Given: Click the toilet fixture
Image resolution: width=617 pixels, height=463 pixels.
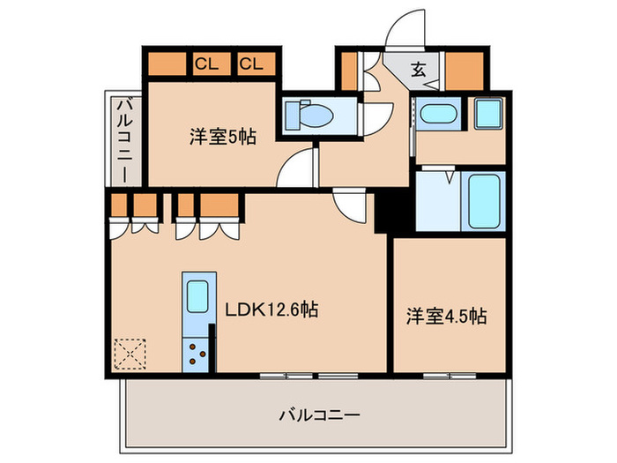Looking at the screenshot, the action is coord(309,115).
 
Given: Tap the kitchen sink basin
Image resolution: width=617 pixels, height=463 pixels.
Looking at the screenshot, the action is coord(197,296).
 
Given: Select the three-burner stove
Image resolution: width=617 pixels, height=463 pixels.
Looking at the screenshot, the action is coord(196,355).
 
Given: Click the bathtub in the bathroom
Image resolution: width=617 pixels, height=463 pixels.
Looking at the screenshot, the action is coord(484,202).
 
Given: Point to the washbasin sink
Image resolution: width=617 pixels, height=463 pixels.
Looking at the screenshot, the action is coord(438,114).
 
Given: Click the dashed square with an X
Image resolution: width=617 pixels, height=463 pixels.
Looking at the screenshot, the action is coord(130,354).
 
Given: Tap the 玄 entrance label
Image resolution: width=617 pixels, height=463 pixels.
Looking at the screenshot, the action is coord(418,70).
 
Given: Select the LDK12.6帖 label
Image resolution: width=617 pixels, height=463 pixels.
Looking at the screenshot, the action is coord(271,310).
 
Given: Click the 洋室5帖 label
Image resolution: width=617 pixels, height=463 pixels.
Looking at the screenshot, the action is coord(223,137).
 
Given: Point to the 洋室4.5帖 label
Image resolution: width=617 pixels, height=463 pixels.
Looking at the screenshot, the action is coord(447,316).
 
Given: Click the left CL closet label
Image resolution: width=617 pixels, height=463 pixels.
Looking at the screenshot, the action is coord(207,63).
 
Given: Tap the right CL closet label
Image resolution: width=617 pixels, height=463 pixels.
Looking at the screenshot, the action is coord(251,63).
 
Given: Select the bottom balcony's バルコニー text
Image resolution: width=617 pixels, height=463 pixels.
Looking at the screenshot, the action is coord(319,415).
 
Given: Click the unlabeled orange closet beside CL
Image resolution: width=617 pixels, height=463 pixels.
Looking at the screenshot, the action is coord(167,63).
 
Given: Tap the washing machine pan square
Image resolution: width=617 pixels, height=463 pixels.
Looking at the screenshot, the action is coord(488,114).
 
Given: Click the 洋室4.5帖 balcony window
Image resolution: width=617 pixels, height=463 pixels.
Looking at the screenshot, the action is coord(450,376).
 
